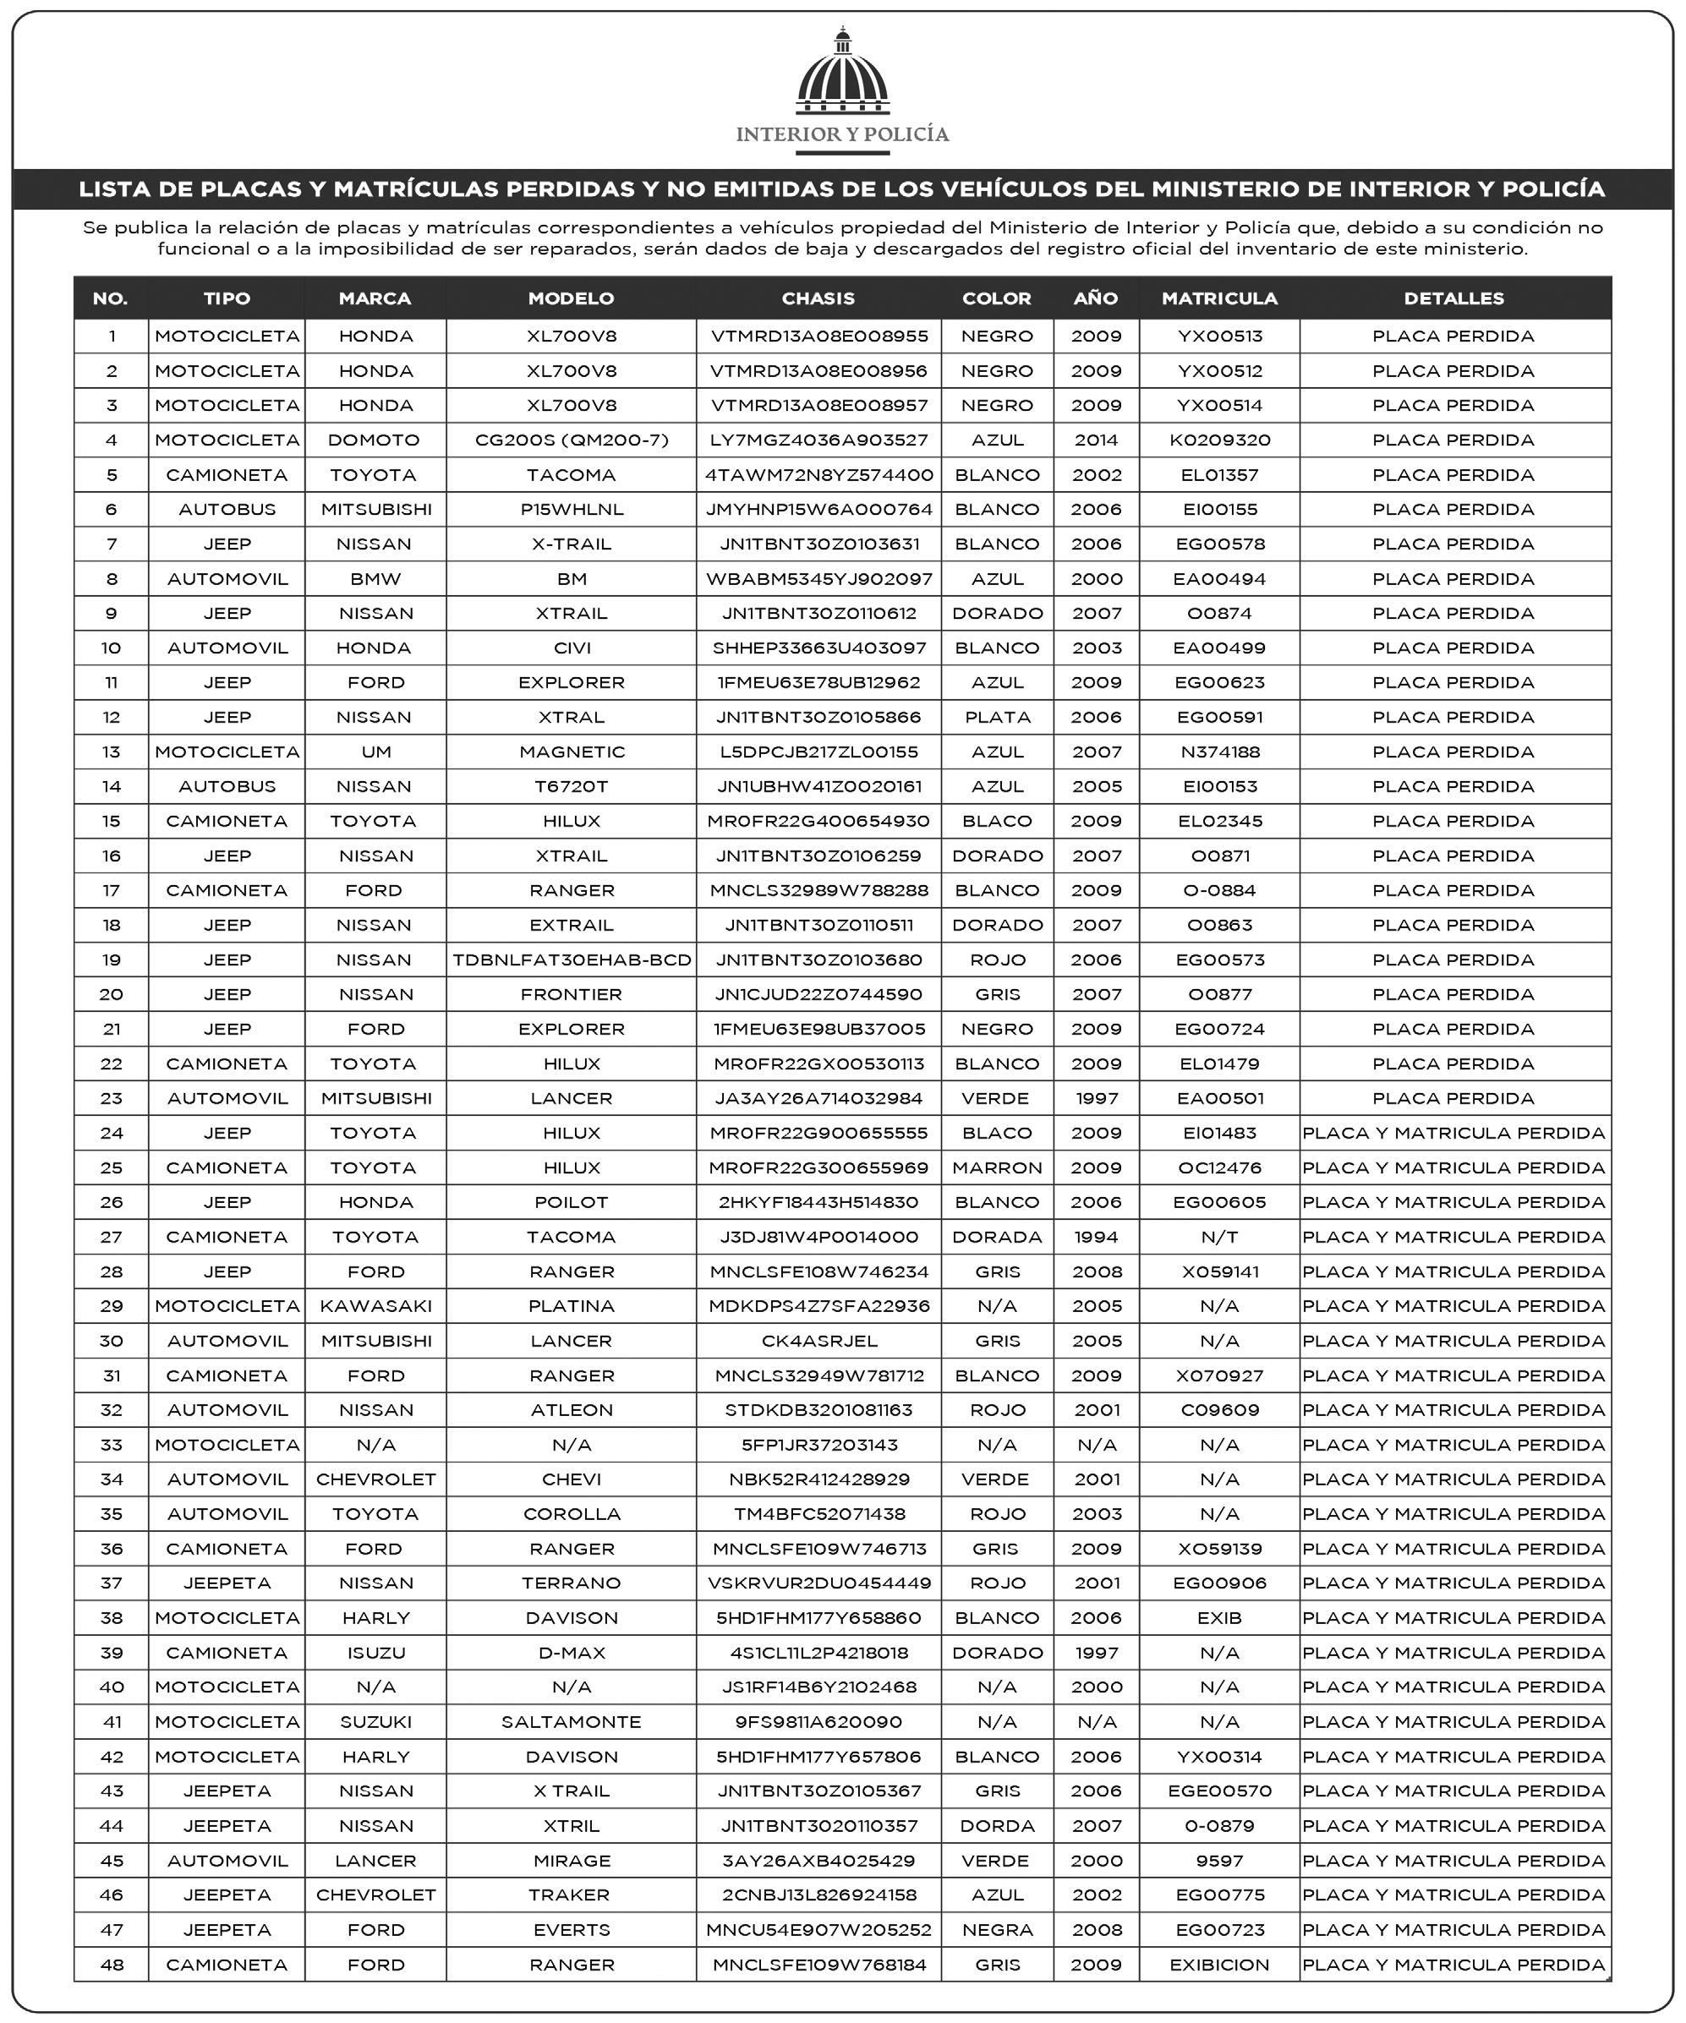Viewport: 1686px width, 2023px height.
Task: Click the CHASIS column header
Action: (x=818, y=298)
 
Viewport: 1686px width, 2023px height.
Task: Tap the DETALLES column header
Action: (x=1453, y=298)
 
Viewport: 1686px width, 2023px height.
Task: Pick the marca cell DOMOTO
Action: (x=374, y=440)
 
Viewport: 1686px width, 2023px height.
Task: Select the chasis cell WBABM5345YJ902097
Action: (x=819, y=579)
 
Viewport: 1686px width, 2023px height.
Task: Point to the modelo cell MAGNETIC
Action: (x=572, y=752)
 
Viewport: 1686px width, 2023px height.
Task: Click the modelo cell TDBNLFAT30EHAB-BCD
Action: (x=572, y=960)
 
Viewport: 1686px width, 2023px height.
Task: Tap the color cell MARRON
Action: (x=997, y=1168)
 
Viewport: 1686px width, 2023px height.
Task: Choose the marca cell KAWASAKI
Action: (x=375, y=1306)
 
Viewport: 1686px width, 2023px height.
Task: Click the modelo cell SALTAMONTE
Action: (x=572, y=1722)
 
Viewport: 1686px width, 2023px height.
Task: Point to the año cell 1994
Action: (x=1097, y=1237)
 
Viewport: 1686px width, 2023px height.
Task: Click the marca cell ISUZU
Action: (x=375, y=1653)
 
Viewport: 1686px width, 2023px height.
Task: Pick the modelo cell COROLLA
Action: (x=572, y=1514)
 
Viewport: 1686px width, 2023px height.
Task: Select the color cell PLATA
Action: (x=997, y=718)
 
